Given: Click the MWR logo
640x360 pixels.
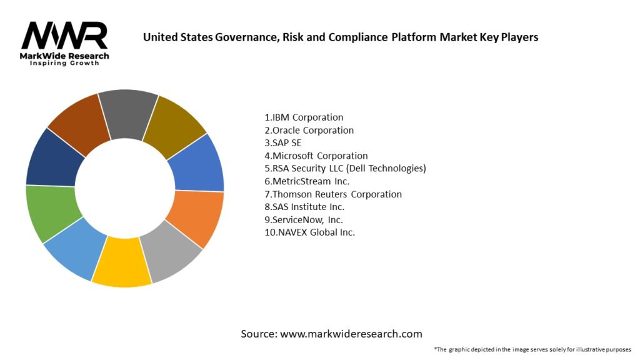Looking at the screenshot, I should click(64, 36).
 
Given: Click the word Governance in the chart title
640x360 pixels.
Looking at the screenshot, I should click(249, 37).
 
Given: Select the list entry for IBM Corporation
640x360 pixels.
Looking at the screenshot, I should click(304, 117).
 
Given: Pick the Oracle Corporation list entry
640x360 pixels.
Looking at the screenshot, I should click(309, 130).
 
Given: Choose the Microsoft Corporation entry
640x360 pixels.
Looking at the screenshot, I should click(316, 156).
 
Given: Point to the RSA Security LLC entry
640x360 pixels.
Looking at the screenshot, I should click(345, 168).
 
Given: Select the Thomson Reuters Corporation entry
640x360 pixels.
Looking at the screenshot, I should click(333, 194).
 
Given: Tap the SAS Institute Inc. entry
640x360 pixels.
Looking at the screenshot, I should click(304, 207).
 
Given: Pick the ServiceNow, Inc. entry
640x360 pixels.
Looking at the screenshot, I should click(304, 219).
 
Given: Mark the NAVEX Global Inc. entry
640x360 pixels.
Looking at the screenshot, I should click(309, 232).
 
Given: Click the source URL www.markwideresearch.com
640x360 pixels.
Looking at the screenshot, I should click(351, 334).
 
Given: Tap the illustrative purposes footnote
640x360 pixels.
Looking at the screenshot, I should click(532, 349).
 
